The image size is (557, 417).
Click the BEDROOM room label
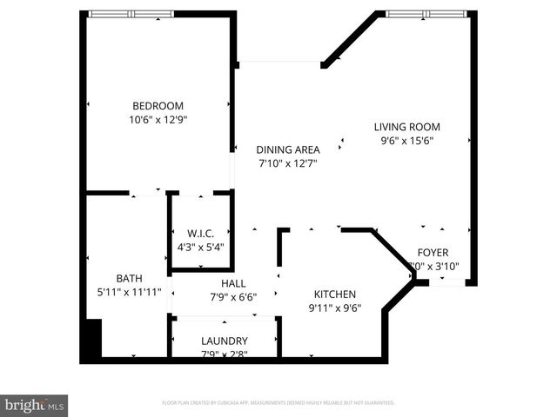tap(157, 106)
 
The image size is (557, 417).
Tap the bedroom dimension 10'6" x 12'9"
tap(157, 120)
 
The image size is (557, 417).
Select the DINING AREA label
tap(287, 149)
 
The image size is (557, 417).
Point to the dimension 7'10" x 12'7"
tap(287, 162)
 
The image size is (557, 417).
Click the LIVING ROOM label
tap(407, 126)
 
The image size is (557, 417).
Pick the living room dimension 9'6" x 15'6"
tap(407, 140)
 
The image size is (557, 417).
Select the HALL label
tap(233, 283)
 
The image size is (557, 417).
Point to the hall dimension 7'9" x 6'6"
tap(233, 297)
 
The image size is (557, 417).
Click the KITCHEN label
tap(335, 294)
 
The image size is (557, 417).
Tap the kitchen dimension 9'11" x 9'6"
tap(335, 308)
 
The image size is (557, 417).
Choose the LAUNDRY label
tap(225, 341)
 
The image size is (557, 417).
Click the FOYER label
tap(433, 253)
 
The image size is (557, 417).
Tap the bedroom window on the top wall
tap(131, 14)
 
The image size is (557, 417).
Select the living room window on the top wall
tap(426, 14)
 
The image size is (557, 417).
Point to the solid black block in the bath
tap(92, 340)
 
